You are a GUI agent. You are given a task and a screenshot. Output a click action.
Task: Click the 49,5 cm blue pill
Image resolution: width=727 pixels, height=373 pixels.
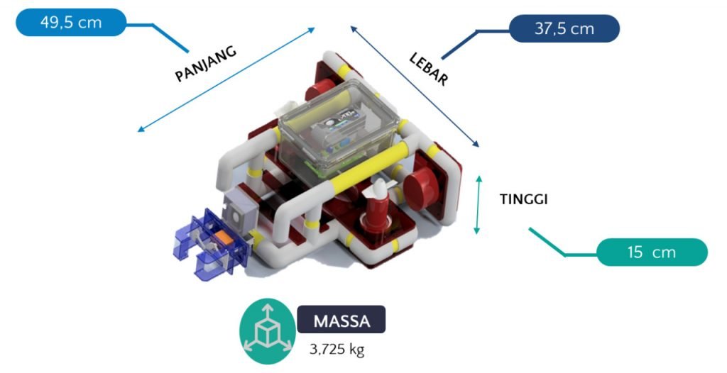pos(70,22)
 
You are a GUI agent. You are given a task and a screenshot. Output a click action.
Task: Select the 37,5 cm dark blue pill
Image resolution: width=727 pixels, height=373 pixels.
pos(564,29)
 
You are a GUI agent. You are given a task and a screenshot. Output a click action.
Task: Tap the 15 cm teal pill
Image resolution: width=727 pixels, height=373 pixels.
pos(651,252)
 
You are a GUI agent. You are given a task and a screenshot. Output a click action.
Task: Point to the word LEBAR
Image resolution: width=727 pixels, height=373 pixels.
pos(429,69)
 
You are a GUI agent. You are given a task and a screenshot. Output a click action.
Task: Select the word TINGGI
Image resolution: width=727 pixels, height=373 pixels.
pos(523,200)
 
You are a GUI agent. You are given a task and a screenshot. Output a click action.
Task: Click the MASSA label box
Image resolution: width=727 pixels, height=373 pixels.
pos(341,320)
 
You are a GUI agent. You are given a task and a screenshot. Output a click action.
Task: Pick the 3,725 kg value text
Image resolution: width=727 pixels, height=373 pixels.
pos(337,349)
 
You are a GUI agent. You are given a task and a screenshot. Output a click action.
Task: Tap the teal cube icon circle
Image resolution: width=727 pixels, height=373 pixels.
pos(268,330)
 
